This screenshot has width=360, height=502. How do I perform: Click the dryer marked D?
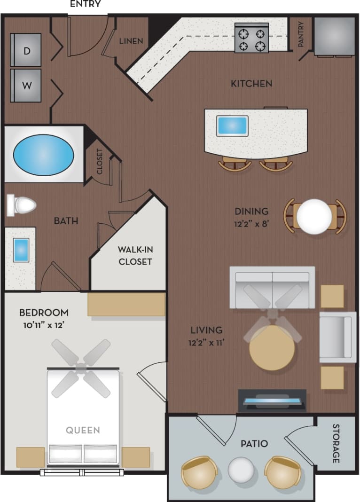pos(26,50)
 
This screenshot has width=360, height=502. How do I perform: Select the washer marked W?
pos(26,86)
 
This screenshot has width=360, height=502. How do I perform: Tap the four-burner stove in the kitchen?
pos(251,40)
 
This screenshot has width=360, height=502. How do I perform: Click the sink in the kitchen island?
pos(232,125)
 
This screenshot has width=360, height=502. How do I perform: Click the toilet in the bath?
pos(22,205)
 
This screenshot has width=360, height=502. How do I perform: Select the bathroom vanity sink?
pos(21,250)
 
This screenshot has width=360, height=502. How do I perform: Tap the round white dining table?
pos(314,217)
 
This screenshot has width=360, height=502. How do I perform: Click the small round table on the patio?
pos(241,470)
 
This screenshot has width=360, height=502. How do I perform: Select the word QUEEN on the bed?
pos(83,430)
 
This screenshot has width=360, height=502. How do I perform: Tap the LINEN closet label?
pos(131,41)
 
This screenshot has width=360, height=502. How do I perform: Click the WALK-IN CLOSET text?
pos(135,255)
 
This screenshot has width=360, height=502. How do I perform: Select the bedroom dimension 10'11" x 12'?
pos(44,324)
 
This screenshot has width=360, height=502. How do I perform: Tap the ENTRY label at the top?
pos(85,5)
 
